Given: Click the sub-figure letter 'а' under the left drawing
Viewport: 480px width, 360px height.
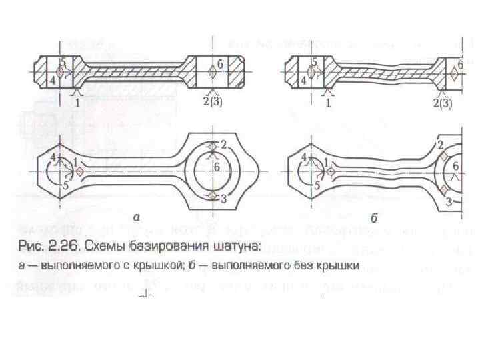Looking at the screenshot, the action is [136, 216].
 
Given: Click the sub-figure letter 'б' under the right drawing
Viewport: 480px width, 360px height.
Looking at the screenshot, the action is [374, 216].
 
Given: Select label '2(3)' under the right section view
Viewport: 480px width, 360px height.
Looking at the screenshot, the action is [445, 103].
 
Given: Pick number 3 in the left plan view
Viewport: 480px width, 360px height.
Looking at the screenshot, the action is [223, 199].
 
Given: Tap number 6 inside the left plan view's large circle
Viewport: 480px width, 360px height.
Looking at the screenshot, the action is [217, 168].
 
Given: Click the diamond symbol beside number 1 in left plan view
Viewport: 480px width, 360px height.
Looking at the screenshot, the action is [79, 171].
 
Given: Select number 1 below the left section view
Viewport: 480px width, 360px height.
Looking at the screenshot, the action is [77, 102].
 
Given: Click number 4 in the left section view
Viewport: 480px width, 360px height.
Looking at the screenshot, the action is [53, 80].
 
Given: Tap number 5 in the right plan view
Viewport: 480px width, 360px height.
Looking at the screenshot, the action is [317, 187].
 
